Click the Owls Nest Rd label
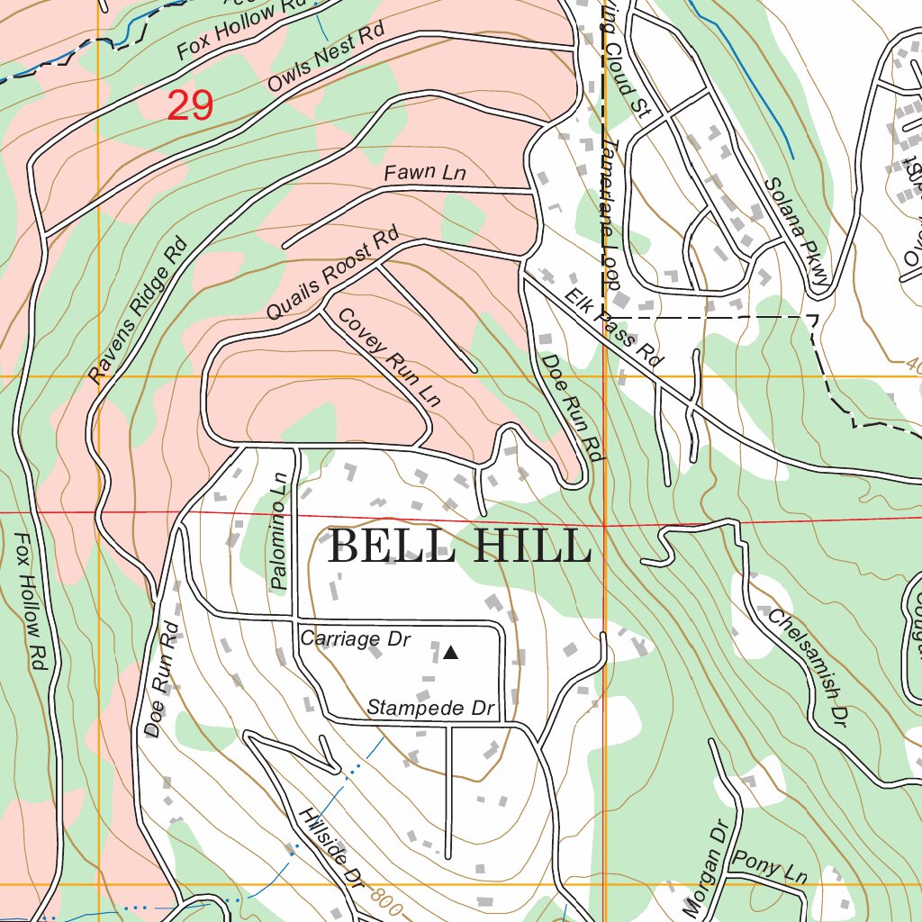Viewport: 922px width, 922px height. pos(326,59)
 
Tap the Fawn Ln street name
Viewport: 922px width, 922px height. pos(425,172)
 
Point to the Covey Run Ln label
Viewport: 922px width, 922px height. pos(389,357)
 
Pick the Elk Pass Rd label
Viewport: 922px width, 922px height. pos(614,327)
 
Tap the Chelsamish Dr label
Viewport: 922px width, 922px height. pos(809,667)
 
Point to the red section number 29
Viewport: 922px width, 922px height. pos(189,106)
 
